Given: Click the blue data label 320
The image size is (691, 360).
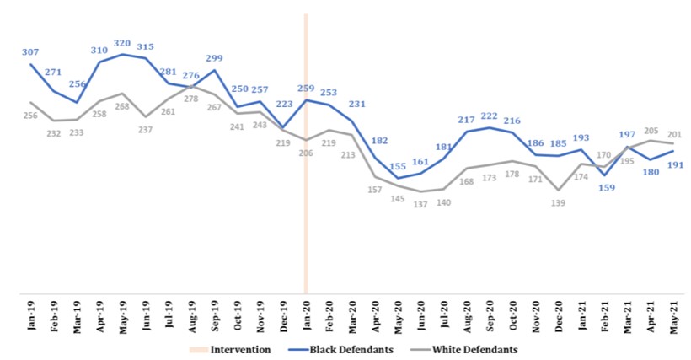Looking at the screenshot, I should (x=122, y=43).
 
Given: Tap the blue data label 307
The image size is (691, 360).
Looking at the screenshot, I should (x=30, y=51).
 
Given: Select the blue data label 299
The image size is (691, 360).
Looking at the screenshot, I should (x=214, y=58).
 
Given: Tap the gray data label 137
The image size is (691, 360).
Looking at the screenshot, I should (x=420, y=205).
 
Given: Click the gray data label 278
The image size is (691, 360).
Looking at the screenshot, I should (x=191, y=99).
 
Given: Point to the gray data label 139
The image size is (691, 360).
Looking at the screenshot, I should (x=559, y=203).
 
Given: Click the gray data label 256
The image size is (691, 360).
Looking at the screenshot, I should (x=30, y=115).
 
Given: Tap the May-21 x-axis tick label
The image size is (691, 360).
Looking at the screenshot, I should (x=674, y=317).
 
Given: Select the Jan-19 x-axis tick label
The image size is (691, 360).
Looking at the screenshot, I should (x=30, y=317).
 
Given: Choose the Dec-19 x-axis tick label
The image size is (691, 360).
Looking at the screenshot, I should (x=283, y=317).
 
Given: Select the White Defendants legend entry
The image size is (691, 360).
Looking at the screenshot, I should (x=471, y=348).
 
